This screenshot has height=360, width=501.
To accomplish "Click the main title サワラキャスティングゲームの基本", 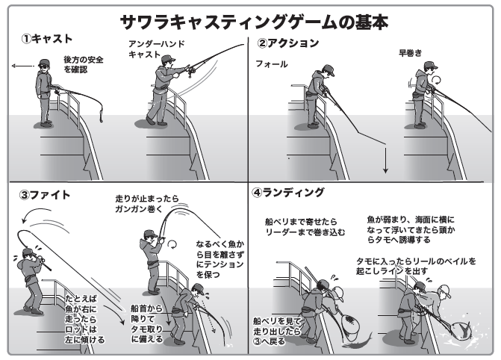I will point(251,21).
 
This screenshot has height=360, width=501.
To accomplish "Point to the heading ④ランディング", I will point(288,193).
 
